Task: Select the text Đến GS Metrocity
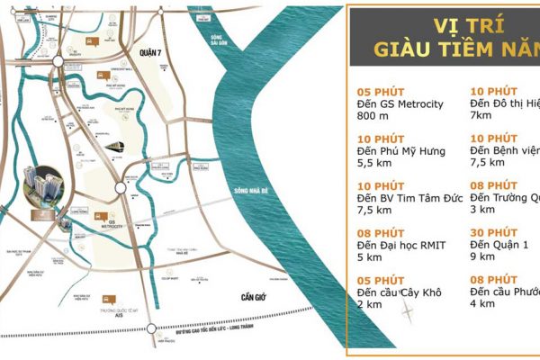click(400, 103)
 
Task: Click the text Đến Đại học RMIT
click(401, 245)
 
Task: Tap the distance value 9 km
click(482, 256)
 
